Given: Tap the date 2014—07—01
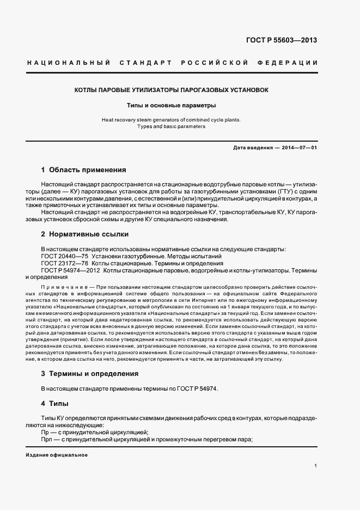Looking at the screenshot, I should [297, 148].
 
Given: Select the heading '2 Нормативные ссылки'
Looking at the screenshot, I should [84, 234].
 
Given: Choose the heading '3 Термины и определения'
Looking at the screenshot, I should [90, 374].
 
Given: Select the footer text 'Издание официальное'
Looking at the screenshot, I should [56, 454].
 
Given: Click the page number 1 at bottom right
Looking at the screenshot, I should [316, 466].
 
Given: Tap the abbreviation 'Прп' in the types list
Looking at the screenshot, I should [47, 440].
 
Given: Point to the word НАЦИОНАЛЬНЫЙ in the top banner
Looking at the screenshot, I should [69, 63].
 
